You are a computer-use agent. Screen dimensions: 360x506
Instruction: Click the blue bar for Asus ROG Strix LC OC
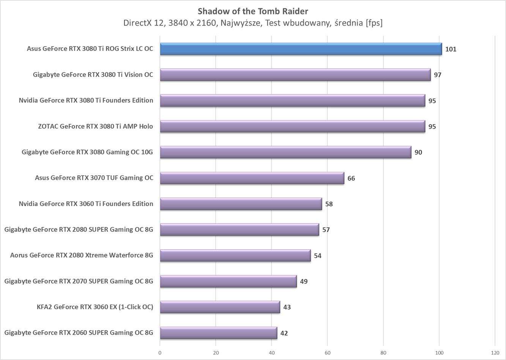pyautogui.click(x=301, y=49)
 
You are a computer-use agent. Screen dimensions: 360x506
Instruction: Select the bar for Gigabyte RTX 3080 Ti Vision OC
pyautogui.click(x=295, y=75)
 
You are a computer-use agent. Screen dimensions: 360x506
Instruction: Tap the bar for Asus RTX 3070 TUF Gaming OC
pyautogui.click(x=252, y=178)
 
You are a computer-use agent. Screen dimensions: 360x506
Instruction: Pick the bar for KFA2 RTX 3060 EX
pyautogui.click(x=220, y=307)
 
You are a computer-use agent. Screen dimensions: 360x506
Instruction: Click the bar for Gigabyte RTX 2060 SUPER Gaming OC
pyautogui.click(x=218, y=333)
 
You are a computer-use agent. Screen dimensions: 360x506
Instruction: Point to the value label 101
pyautogui.click(x=451, y=49)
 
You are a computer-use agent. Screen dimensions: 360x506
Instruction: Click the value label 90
pyautogui.click(x=418, y=152)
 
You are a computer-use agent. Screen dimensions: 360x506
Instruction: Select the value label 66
pyautogui.click(x=351, y=178)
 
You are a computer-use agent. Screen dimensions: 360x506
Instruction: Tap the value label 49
pyautogui.click(x=304, y=281)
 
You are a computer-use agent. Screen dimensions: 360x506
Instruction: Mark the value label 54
pyautogui.click(x=318, y=256)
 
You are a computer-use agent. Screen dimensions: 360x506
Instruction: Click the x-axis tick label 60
pyautogui.click(x=328, y=353)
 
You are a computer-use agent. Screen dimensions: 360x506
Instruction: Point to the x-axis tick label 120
pyautogui.click(x=495, y=353)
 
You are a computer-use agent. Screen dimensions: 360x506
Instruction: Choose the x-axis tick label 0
pyautogui.click(x=160, y=353)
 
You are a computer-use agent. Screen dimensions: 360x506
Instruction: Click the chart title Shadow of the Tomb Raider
pyautogui.click(x=253, y=11)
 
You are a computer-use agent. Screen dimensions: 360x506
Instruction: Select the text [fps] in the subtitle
pyautogui.click(x=374, y=23)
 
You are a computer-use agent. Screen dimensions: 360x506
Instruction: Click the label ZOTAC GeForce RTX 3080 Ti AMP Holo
pyautogui.click(x=95, y=126)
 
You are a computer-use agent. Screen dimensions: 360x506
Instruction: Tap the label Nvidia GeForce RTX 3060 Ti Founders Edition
pyautogui.click(x=86, y=204)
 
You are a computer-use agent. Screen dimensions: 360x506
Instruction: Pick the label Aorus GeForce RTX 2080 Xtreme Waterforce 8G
pyautogui.click(x=82, y=255)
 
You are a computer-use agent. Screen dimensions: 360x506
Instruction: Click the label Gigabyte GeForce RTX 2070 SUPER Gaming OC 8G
pyautogui.click(x=79, y=281)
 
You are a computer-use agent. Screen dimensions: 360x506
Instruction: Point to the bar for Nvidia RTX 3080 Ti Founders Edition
pyautogui.click(x=292, y=101)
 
